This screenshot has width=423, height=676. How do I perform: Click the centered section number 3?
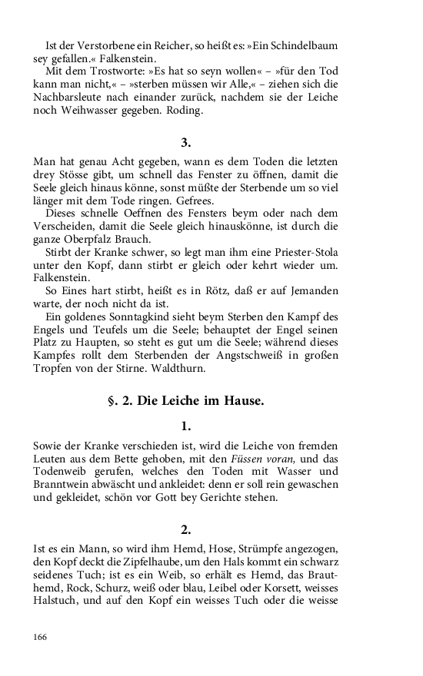pos(185,143)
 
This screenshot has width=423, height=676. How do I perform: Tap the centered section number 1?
pos(185,426)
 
